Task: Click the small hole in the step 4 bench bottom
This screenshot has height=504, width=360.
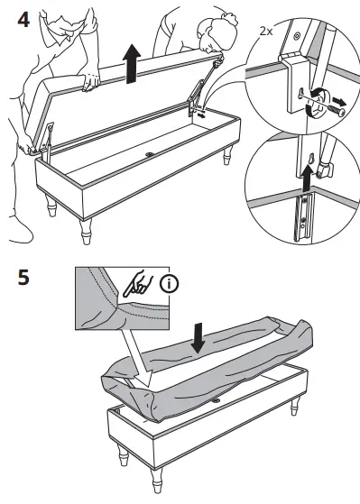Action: (x=148, y=155)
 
